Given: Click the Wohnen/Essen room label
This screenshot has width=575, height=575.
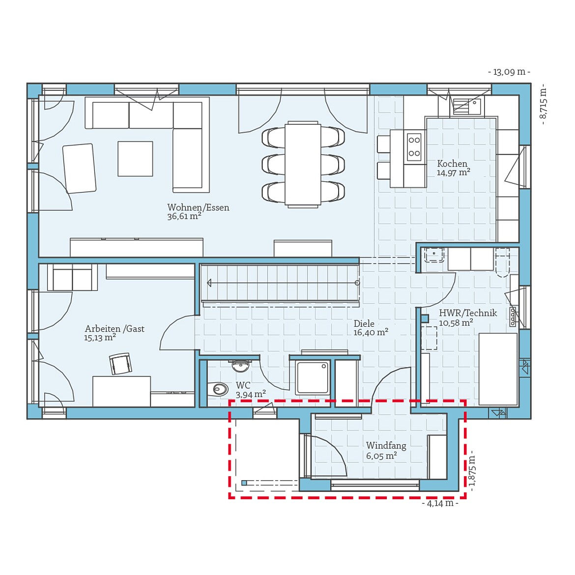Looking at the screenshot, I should [198, 207].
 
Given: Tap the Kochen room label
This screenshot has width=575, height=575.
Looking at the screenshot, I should [452, 164].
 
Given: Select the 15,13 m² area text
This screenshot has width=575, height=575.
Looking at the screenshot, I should [100, 338].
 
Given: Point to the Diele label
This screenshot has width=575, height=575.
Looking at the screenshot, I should [364, 324].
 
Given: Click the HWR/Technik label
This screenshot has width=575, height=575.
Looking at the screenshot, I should [468, 313].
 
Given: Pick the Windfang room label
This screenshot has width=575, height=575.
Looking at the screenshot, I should [386, 446].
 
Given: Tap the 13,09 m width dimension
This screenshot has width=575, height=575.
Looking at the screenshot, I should [509, 72].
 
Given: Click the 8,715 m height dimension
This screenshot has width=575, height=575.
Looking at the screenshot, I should [543, 104].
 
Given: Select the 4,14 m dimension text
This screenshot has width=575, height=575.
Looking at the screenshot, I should [440, 504].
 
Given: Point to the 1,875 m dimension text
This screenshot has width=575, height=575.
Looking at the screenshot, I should [472, 470].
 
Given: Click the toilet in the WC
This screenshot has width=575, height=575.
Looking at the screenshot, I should [219, 390].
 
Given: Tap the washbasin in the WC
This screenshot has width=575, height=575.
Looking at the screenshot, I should [240, 365].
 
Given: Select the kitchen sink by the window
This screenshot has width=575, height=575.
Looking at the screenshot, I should [466, 106].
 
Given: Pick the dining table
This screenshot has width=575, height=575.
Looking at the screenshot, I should [303, 164].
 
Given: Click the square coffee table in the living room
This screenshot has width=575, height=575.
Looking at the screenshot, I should [135, 159].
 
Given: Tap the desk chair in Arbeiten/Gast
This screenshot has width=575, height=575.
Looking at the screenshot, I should [120, 364].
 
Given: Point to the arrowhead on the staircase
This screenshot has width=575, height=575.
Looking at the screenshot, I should [210, 283].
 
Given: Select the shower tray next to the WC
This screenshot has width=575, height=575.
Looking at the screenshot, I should [313, 377].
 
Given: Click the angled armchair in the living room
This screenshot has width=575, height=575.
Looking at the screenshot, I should [79, 168].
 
